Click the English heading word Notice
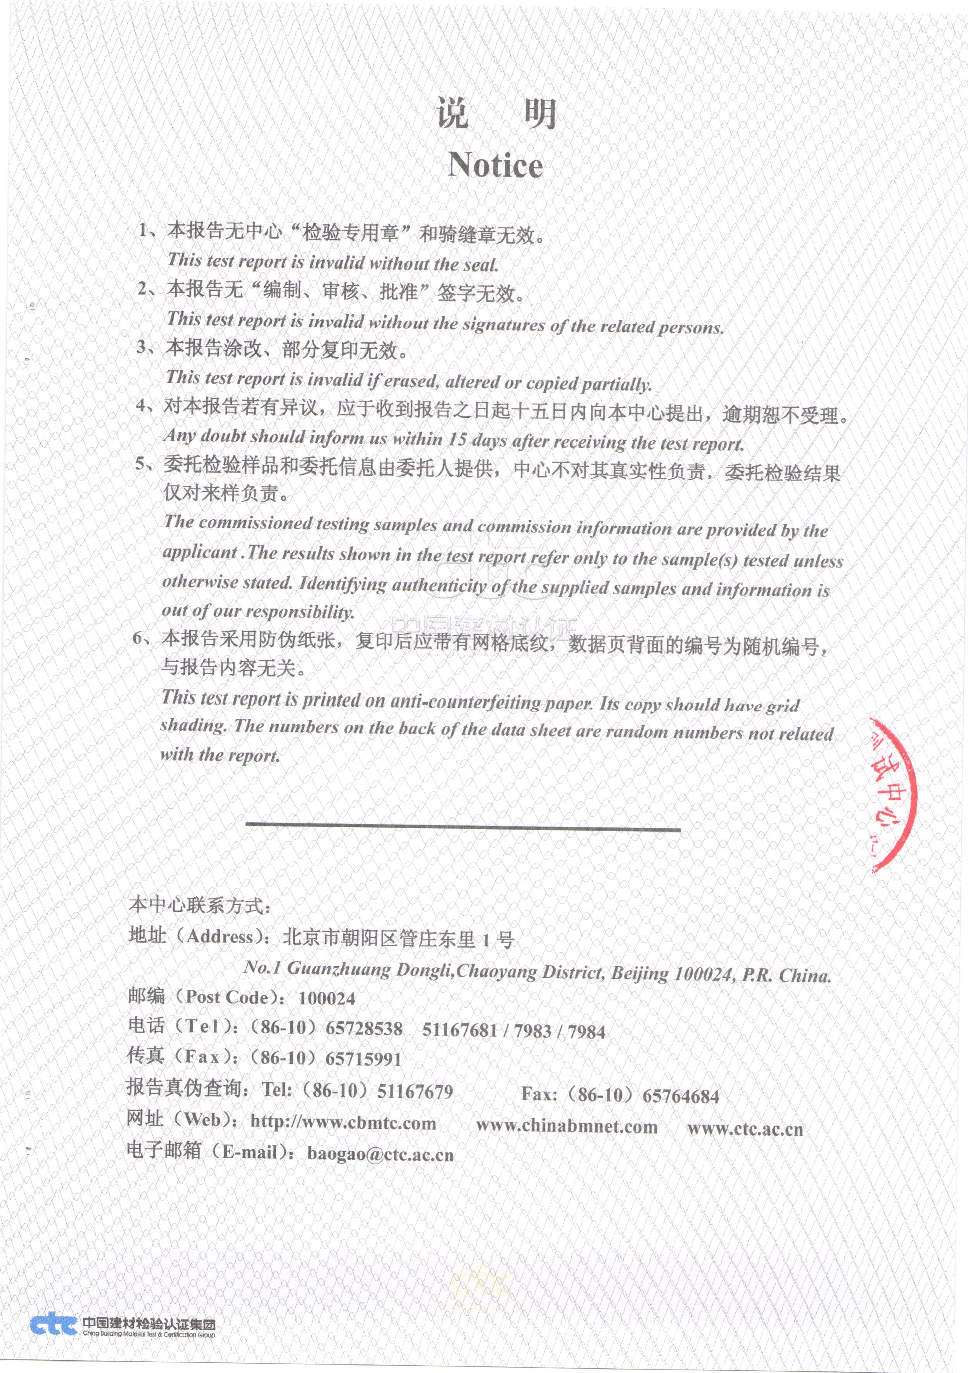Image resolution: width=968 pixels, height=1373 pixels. point(495,165)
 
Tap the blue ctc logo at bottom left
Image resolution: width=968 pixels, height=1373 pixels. point(54,1324)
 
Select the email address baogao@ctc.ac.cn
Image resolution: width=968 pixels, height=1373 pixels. point(380,1153)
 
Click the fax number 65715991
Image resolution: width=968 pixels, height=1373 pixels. point(363,1059)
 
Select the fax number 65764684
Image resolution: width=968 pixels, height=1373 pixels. point(680,1096)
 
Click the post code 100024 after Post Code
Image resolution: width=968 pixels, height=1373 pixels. point(327,998)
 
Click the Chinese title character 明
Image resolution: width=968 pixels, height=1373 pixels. point(540,114)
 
